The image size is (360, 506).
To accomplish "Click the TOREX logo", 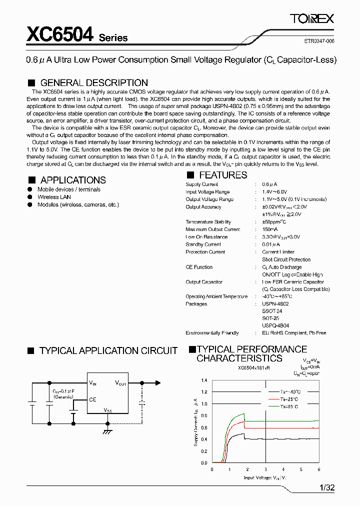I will (x=312, y=19).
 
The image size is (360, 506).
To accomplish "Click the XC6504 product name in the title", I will (x=60, y=34).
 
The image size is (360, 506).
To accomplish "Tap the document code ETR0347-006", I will (x=319, y=41).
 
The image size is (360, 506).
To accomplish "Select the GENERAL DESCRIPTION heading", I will (x=94, y=83).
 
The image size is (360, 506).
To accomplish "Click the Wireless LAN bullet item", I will (x=54, y=197).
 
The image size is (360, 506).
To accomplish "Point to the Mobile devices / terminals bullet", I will (x=69, y=189).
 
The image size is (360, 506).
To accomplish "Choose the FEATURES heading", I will (x=223, y=175).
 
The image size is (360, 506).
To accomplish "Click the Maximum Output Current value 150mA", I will (x=270, y=229).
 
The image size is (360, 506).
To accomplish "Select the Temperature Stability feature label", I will (x=208, y=222).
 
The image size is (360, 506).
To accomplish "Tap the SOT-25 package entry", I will (x=270, y=318).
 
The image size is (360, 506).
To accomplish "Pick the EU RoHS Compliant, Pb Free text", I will (x=294, y=333).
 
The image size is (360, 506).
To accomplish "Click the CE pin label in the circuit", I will (x=92, y=399).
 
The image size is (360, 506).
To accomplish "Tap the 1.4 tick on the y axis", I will (x=204, y=380).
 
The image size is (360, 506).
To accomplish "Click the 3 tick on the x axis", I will (x=265, y=469).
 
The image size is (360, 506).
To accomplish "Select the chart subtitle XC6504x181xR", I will (x=253, y=367).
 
